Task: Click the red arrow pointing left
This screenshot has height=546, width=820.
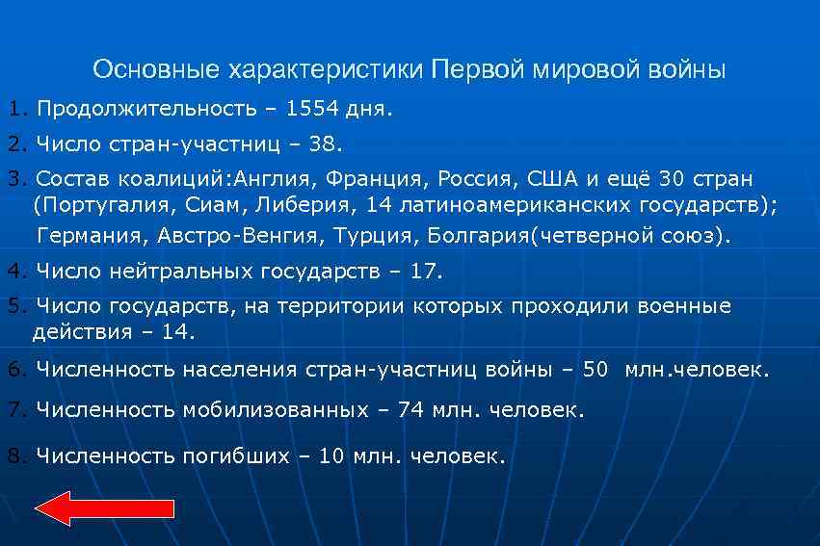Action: pyautogui.click(x=104, y=507)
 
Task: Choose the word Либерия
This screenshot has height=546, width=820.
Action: pyautogui.click(x=299, y=205)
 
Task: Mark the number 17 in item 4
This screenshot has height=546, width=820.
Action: pyautogui.click(x=424, y=272)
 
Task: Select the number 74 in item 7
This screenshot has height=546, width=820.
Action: pyautogui.click(x=410, y=409)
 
